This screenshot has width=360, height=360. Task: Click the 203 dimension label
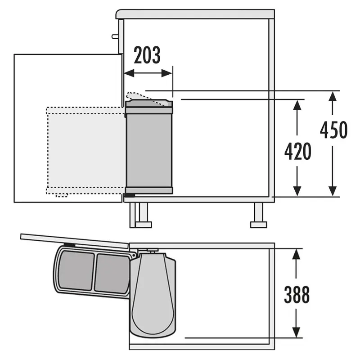tap(147, 56)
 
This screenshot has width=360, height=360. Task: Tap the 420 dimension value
tap(297, 152)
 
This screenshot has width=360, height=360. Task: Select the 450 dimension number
tap(333, 130)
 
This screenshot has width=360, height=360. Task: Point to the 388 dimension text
tap(297, 295)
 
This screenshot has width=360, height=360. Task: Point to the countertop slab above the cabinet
tap(195, 14)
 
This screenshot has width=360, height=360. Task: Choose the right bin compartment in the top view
tap(112, 274)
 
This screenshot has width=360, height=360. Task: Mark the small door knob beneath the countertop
tap(115, 36)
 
